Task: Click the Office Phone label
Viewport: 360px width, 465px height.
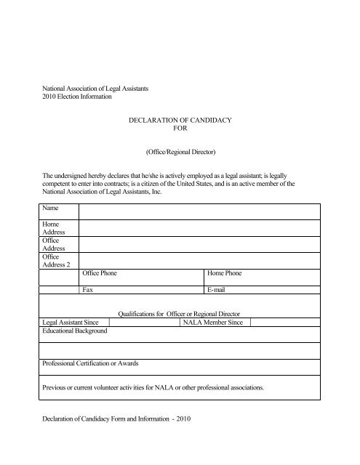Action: (x=104, y=275)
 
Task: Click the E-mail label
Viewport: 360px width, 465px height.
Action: (x=219, y=310)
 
